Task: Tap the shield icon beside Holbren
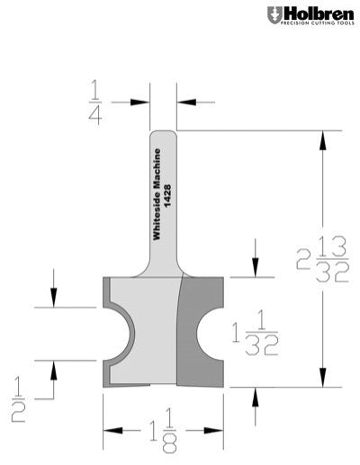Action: click(274, 15)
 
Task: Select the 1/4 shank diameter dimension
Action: click(95, 101)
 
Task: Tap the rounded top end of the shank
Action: click(163, 136)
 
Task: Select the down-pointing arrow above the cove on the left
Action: click(54, 298)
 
